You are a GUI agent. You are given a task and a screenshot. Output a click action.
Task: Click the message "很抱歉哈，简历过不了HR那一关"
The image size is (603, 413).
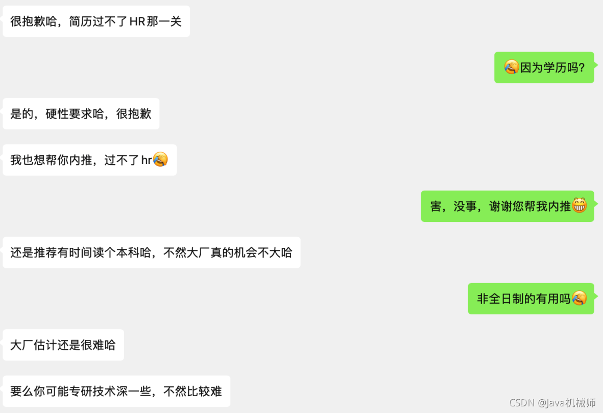coord(96,21)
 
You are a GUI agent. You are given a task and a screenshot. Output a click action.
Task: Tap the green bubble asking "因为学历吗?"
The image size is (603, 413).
coord(544,67)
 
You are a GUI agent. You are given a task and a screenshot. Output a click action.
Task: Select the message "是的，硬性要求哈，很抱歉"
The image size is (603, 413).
coord(81,113)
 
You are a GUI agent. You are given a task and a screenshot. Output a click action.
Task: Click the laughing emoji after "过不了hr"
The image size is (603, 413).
coord(160,159)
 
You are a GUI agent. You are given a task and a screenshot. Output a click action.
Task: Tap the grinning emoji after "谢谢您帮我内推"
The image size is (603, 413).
coord(579,205)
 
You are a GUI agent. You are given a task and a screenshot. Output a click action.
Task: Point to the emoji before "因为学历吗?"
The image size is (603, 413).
coord(511,67)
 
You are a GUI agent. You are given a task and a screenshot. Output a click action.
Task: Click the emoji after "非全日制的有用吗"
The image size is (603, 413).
coord(579,298)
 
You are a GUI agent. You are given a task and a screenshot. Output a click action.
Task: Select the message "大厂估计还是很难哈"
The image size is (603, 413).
coord(63,345)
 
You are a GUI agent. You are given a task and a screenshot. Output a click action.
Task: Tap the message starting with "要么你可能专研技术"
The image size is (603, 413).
coord(116,392)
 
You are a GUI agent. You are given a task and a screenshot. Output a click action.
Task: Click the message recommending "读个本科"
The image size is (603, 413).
coord(151,253)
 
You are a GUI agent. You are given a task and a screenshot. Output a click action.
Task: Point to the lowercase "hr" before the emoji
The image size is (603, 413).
coord(147,160)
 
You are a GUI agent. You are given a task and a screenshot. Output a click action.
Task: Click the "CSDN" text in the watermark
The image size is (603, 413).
coord(521,403)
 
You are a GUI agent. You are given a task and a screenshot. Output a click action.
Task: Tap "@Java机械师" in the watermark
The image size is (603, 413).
coord(566,403)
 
